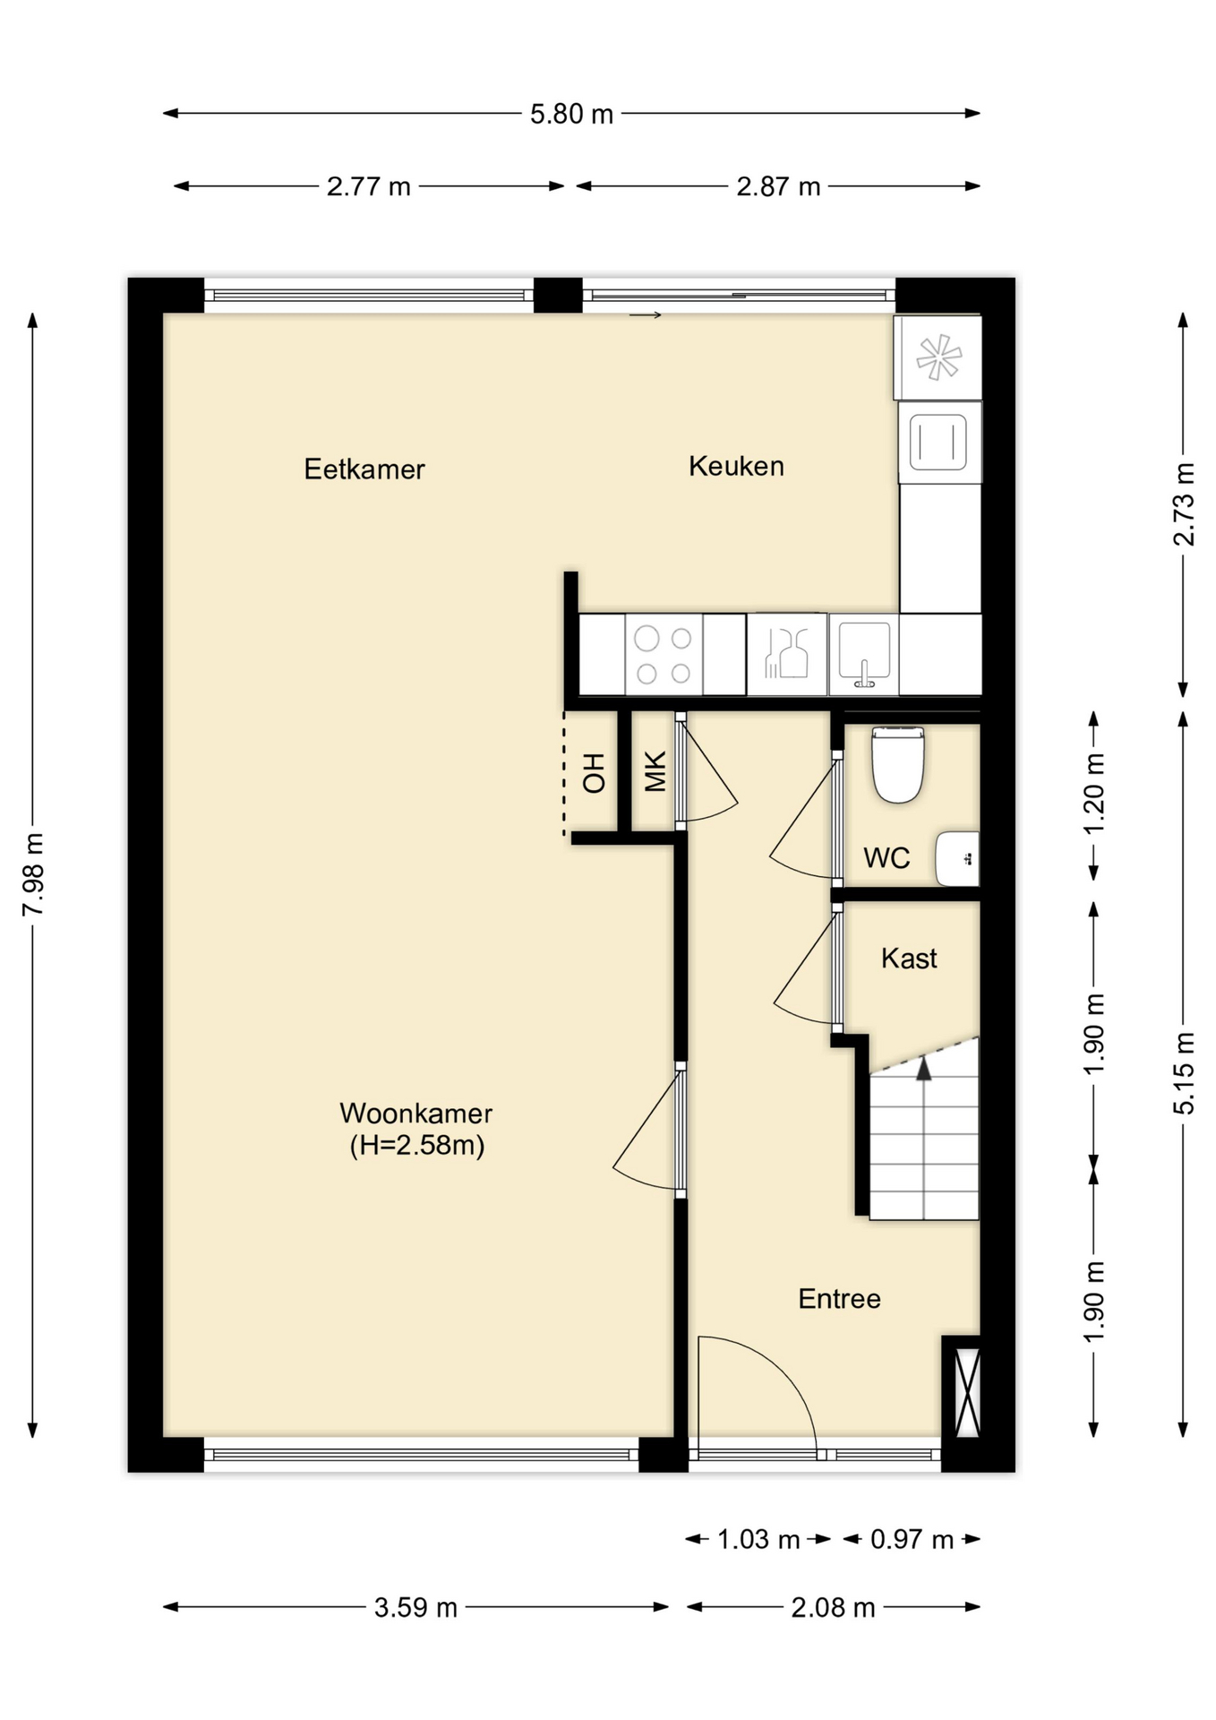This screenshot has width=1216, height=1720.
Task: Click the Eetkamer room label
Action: [364, 469]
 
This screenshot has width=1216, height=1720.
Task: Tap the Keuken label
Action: [736, 466]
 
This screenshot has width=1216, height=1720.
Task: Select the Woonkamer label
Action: [416, 1114]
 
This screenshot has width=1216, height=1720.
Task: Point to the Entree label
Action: [839, 1299]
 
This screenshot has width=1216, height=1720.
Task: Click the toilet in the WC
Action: [897, 764]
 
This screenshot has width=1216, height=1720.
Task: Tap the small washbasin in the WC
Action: [957, 858]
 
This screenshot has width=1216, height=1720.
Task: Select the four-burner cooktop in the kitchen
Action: [664, 655]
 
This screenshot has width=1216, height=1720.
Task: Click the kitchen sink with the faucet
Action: [864, 655]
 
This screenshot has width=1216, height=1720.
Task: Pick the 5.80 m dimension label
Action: [571, 115]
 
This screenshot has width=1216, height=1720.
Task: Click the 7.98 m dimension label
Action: [33, 875]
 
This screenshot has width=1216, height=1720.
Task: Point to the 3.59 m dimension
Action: [415, 1607]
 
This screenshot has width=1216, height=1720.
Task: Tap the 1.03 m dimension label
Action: [758, 1539]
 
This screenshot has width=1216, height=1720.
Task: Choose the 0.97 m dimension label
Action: [912, 1539]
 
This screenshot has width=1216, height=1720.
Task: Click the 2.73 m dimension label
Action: [1184, 504]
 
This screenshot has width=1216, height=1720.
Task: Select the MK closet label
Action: [655, 772]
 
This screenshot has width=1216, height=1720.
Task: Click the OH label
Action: [594, 773]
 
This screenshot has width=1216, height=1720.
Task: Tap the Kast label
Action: [909, 959]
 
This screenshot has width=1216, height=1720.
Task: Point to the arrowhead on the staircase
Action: [923, 1068]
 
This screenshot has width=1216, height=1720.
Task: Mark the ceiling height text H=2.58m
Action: [417, 1146]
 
